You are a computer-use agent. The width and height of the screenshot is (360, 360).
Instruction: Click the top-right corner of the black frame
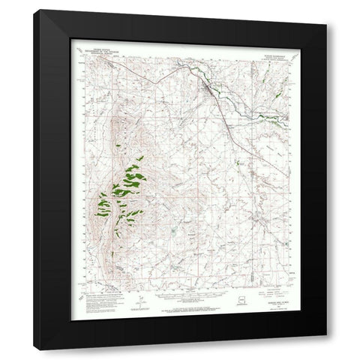coord(327,10)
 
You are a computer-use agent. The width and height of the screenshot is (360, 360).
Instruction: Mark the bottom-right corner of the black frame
coord(327,349)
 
